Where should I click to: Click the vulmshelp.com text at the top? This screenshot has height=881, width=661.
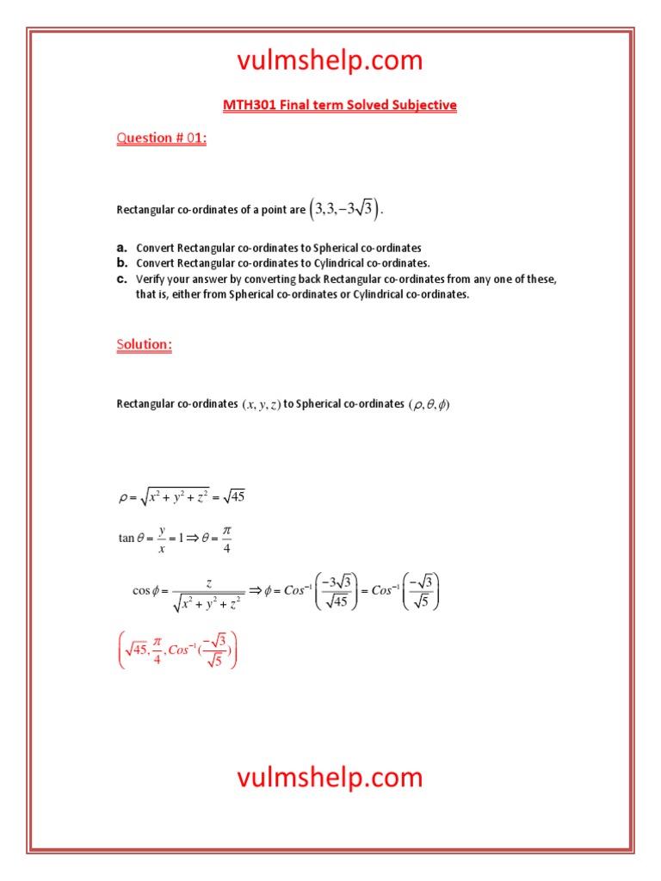click(330, 60)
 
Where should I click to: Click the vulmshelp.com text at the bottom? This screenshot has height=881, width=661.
click(330, 777)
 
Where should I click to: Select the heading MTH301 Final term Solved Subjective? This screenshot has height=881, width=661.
click(339, 106)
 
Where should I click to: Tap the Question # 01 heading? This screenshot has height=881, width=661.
click(161, 139)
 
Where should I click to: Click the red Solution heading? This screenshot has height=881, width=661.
click(144, 344)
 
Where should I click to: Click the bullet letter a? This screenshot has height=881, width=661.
click(122, 248)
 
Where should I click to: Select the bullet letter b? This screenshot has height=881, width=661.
click(122, 263)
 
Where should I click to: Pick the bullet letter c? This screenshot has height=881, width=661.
click(122, 279)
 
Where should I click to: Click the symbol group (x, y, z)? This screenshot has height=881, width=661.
click(261, 404)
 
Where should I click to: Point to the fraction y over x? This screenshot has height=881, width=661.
click(161, 539)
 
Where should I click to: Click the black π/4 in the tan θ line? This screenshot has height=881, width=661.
click(226, 539)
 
